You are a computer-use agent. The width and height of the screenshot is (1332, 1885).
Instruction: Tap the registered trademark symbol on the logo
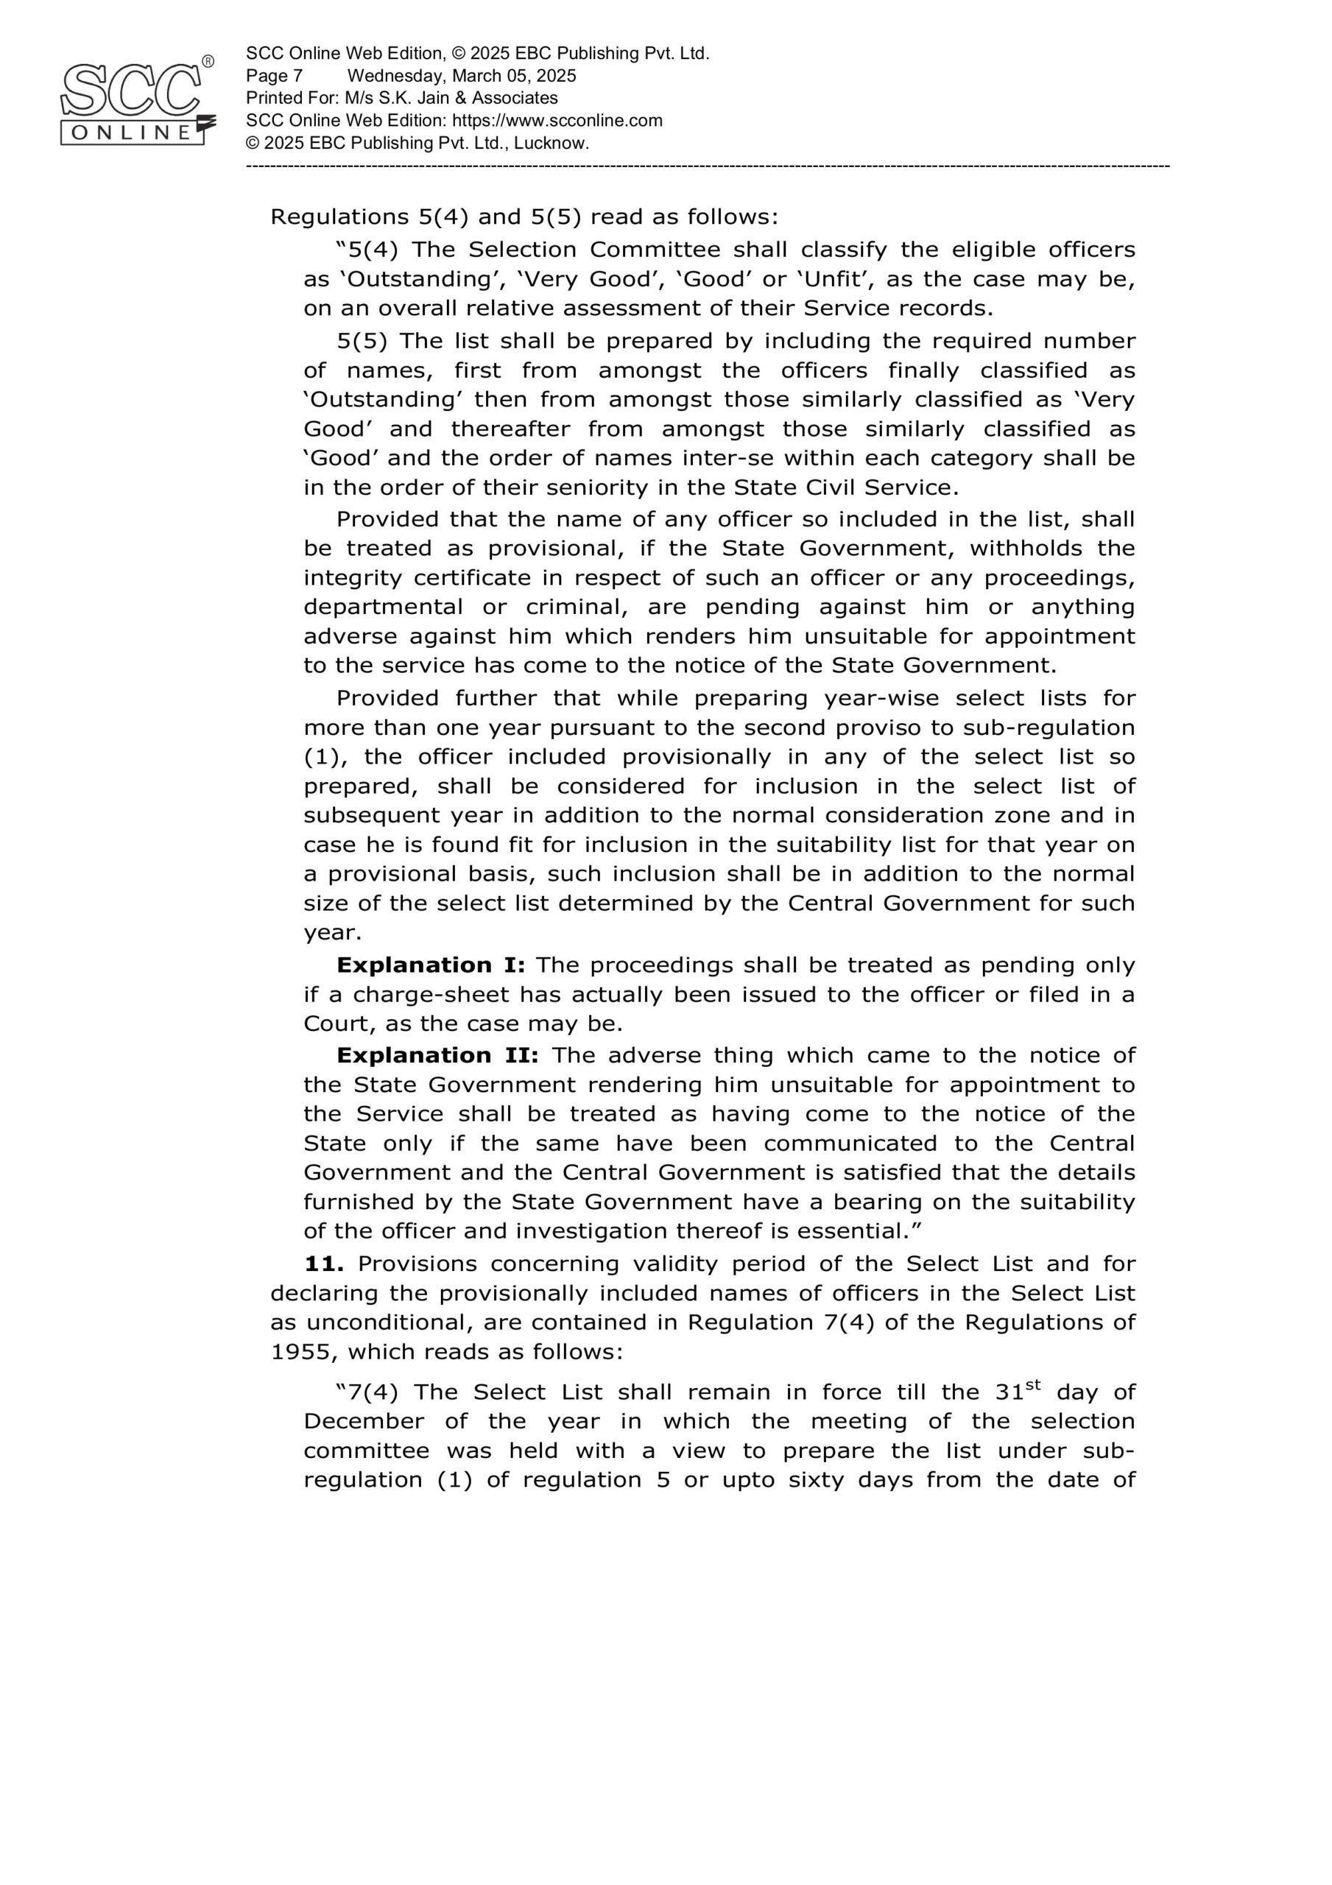click(x=208, y=62)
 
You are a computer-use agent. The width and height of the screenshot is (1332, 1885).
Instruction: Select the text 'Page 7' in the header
click(x=275, y=77)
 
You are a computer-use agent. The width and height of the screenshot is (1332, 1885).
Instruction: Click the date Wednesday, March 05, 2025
click(x=462, y=77)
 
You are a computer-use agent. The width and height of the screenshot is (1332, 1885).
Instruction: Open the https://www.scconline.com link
click(x=557, y=121)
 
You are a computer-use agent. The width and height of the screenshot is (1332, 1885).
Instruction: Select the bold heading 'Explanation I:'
click(x=430, y=965)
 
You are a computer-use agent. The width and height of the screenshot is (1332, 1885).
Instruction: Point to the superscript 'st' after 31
click(x=1033, y=1386)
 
